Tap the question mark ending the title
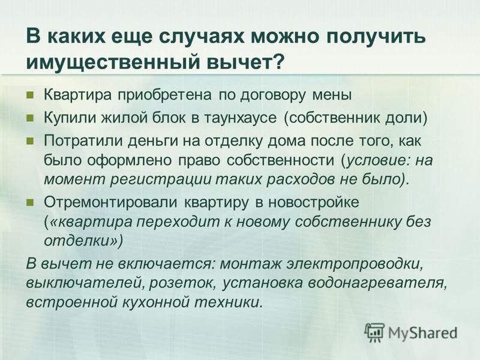[x=277, y=62]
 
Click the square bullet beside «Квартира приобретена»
[x=30, y=95]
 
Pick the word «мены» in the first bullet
[x=332, y=95]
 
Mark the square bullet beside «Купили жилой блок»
[x=30, y=118]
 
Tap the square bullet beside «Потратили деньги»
[x=30, y=141]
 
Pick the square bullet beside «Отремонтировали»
[x=30, y=202]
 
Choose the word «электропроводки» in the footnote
[x=355, y=264]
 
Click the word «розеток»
[x=183, y=283]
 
